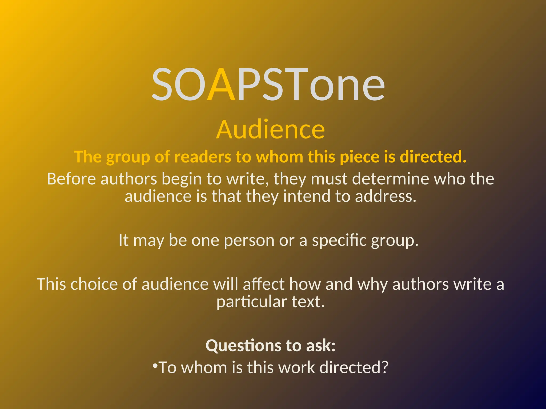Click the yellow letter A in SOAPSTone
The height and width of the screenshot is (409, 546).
tap(221, 85)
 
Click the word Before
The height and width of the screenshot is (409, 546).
tap(71, 179)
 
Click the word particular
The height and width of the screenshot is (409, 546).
tap(252, 302)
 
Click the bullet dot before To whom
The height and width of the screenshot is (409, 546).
tap(155, 366)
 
